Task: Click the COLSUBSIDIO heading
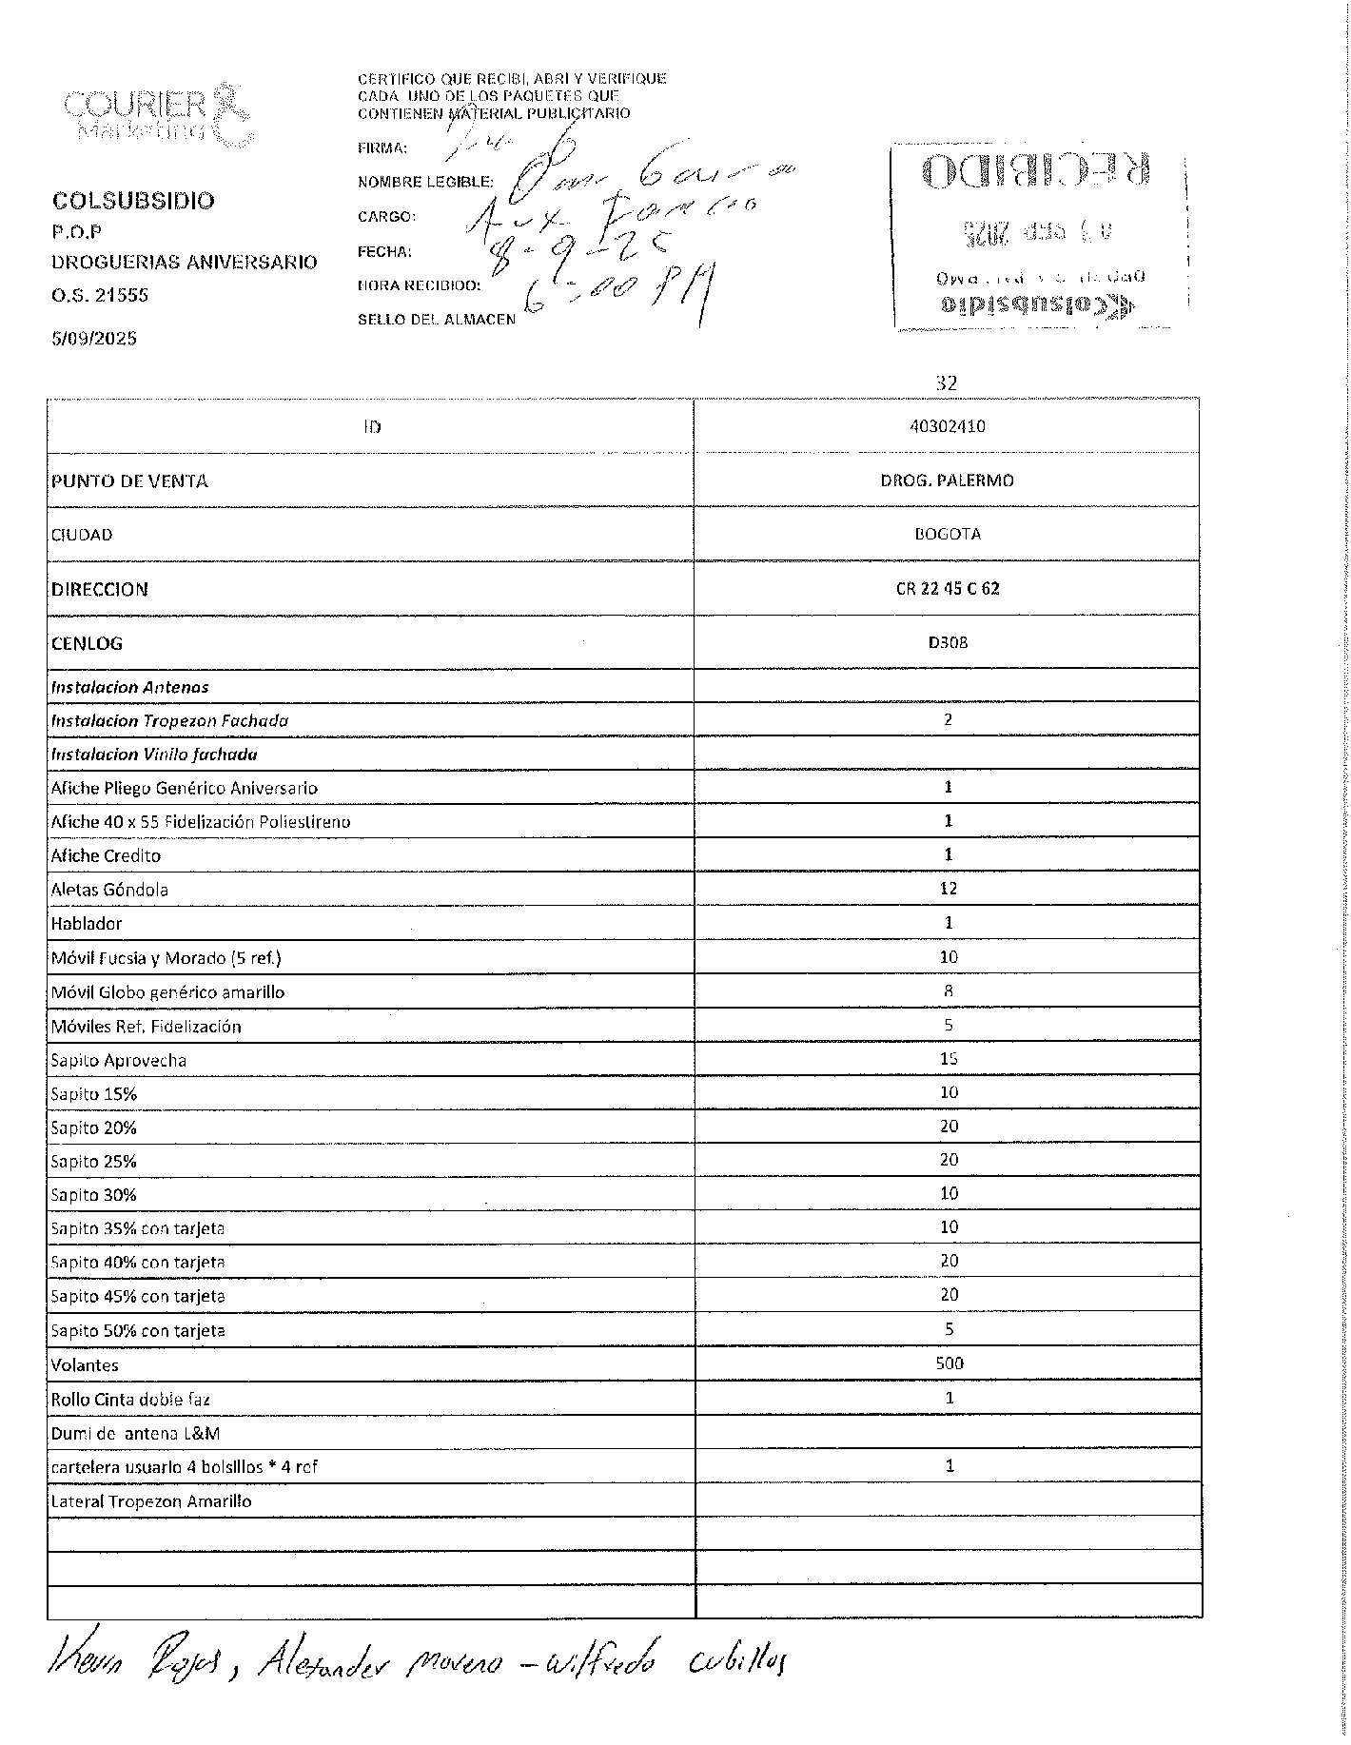tap(133, 201)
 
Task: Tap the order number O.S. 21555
tap(100, 295)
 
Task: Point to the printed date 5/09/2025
tap(94, 338)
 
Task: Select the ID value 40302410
tap(948, 426)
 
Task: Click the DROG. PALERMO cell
tap(948, 480)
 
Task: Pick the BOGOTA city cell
tap(948, 534)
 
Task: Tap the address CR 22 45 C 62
tap(948, 589)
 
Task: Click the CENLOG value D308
tap(948, 642)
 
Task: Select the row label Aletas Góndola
tap(109, 890)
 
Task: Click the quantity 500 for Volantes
tap(950, 1363)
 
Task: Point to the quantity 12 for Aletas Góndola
tap(948, 889)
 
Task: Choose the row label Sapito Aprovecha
tap(118, 1060)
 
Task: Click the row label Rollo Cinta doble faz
tap(131, 1400)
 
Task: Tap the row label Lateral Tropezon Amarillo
tap(150, 1501)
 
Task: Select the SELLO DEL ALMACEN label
tap(436, 320)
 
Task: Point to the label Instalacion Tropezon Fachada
tap(169, 720)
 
